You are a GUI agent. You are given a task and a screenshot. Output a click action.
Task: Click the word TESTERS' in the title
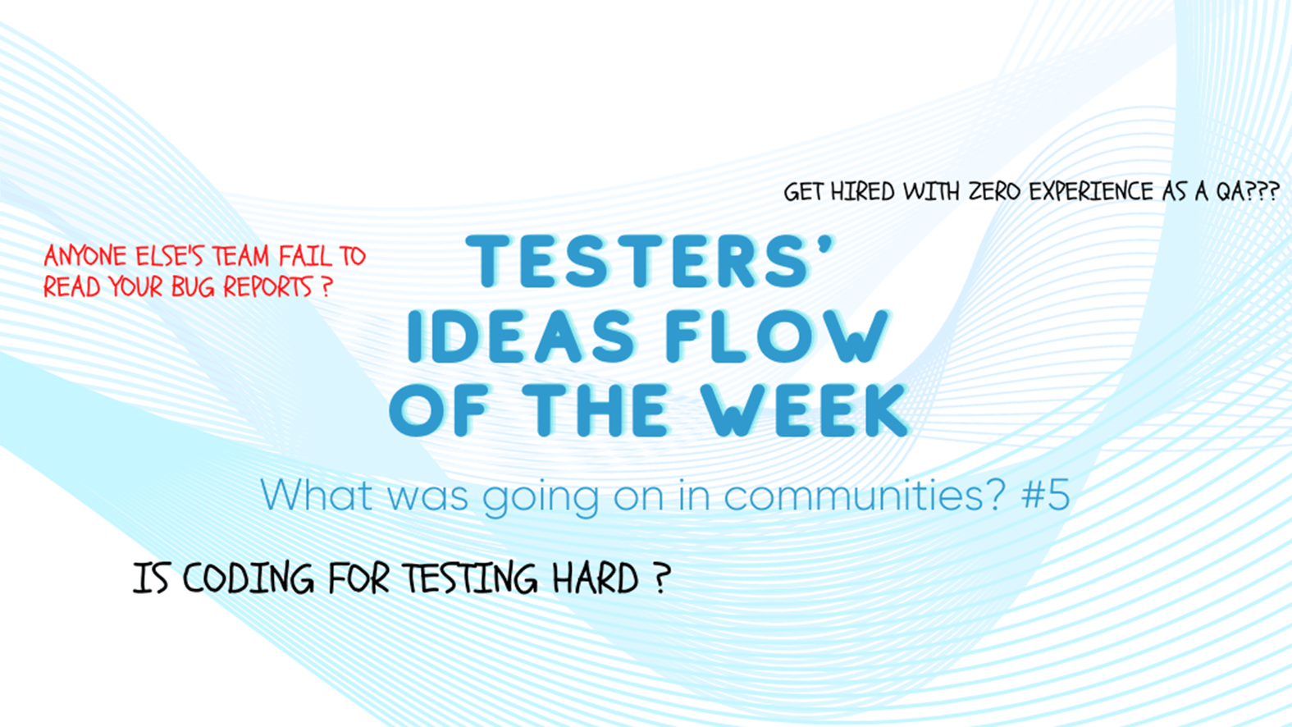tap(650, 260)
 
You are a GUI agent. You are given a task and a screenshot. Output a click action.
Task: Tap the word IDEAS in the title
tap(521, 336)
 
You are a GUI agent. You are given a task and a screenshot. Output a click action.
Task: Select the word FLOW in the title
tap(777, 336)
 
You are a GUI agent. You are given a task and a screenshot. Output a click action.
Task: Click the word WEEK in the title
tap(806, 409)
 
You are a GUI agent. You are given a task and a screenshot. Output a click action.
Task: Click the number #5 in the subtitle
tap(1045, 495)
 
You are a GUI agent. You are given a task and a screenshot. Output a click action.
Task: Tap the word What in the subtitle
tap(316, 495)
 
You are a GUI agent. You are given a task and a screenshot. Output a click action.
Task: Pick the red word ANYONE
tap(84, 256)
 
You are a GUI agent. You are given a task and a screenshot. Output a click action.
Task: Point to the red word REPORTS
tap(267, 286)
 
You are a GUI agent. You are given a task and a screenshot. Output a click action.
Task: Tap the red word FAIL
tap(306, 256)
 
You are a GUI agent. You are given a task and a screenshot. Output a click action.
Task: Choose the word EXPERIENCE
tap(1091, 191)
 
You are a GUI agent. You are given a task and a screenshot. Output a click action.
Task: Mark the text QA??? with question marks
tap(1249, 191)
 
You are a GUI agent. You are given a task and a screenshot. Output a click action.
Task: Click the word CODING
tap(249, 578)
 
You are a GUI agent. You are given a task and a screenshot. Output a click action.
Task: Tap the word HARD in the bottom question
tap(596, 578)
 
